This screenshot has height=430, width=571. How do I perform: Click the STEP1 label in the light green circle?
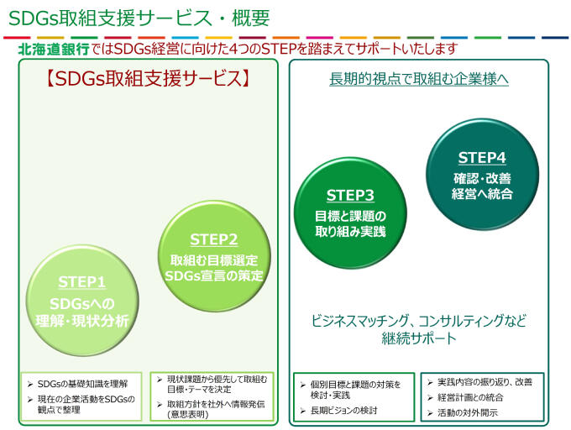coord(82,282)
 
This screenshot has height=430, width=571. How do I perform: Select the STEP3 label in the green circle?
coord(350,196)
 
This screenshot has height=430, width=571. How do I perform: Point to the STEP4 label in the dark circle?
coord(481,158)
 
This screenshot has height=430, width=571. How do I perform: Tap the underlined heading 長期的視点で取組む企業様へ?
coord(419,80)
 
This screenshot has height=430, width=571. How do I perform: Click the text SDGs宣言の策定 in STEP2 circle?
coord(214,275)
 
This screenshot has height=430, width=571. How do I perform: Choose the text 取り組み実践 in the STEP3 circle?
coord(351,231)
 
